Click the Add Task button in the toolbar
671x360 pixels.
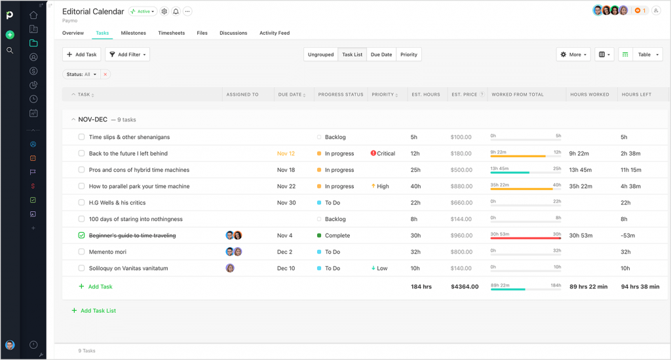(x=82, y=54)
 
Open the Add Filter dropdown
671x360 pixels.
(x=128, y=54)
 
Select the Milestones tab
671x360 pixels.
(x=133, y=33)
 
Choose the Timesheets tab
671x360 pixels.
(x=171, y=33)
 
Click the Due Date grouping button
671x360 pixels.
(x=381, y=54)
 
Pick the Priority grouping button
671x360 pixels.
(x=409, y=54)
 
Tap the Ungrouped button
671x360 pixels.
(x=320, y=54)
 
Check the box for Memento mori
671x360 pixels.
(x=82, y=252)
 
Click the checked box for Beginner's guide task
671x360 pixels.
(x=82, y=235)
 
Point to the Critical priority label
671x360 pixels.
(x=385, y=153)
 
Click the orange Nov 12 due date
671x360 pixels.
(x=286, y=153)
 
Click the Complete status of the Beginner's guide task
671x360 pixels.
(x=337, y=235)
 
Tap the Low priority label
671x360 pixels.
(x=381, y=268)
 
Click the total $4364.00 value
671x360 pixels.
(x=465, y=287)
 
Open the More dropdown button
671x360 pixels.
(x=573, y=54)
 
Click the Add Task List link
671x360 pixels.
(x=98, y=311)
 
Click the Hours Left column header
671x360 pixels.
(x=636, y=94)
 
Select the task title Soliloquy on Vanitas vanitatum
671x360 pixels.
(x=128, y=268)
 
